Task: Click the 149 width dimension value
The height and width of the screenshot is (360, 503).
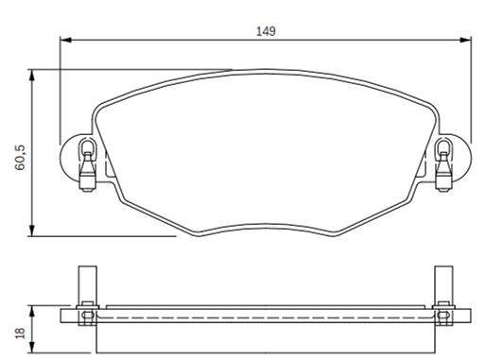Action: (x=266, y=31)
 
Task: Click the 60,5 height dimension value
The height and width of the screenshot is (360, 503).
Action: (x=20, y=157)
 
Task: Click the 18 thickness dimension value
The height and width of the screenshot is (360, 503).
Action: (x=20, y=334)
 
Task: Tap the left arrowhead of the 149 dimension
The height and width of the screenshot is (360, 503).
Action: (x=66, y=40)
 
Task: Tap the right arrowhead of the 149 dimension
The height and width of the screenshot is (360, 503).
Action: (x=465, y=40)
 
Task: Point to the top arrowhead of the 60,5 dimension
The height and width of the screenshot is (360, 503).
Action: (x=32, y=75)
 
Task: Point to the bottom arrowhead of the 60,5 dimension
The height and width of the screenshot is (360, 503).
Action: (x=32, y=231)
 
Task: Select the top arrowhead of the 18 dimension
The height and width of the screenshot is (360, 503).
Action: (x=32, y=312)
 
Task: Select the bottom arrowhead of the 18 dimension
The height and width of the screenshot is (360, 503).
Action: (x=32, y=348)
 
